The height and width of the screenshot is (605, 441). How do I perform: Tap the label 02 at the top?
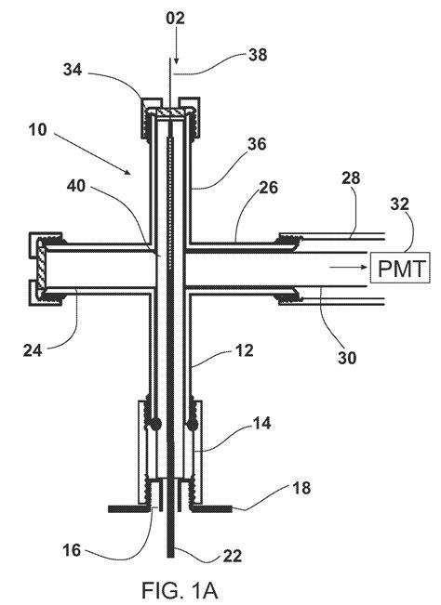177,17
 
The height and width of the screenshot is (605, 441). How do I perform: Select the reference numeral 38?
252,55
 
